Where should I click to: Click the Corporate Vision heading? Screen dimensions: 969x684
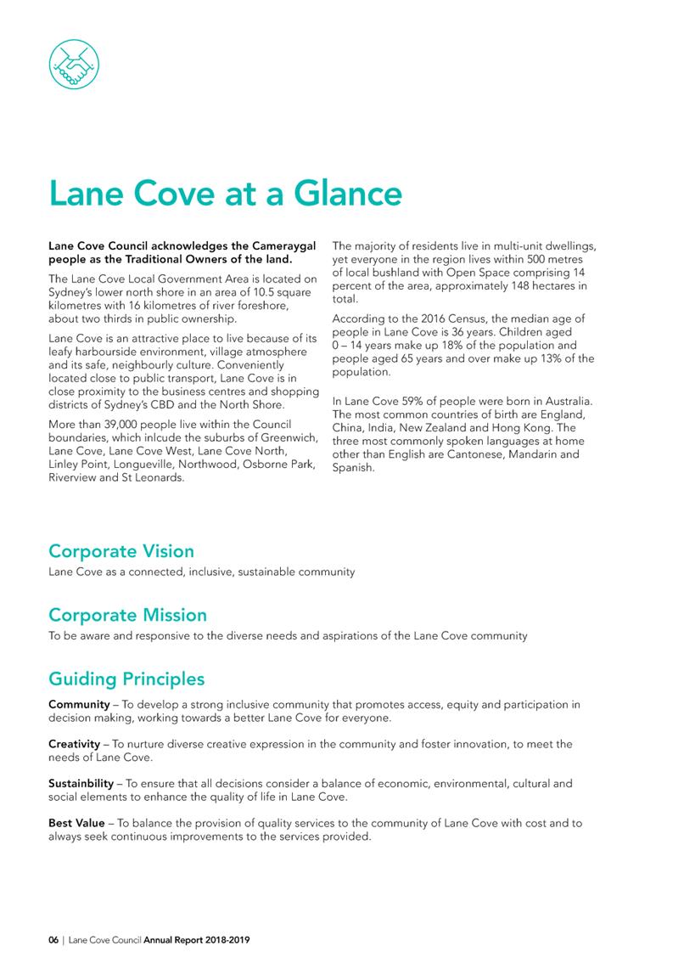(121, 551)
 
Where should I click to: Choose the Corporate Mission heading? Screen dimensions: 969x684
(127, 614)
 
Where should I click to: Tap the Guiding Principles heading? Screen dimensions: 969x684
(126, 679)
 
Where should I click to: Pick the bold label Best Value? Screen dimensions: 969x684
(76, 823)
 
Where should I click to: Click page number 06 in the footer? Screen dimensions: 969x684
(53, 941)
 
